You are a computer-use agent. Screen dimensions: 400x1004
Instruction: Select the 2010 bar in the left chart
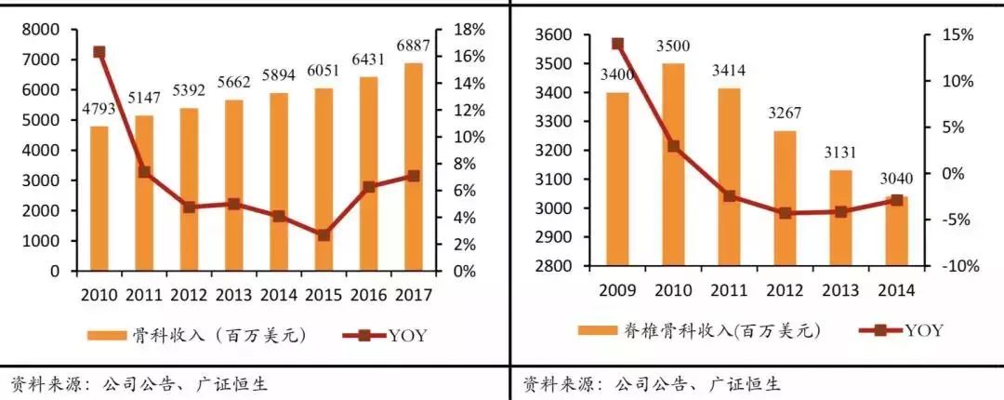99,199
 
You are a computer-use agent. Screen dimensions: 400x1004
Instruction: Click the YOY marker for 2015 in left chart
323,235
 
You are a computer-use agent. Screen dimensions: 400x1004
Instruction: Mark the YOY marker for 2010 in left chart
99,53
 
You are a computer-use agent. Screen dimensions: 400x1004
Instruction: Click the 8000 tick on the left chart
40,30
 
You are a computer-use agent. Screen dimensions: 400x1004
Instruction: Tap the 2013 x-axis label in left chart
232,295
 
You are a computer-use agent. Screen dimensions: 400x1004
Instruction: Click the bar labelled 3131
840,218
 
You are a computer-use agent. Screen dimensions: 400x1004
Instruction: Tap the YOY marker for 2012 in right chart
785,213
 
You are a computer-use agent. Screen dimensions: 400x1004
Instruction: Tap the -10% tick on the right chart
954,267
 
